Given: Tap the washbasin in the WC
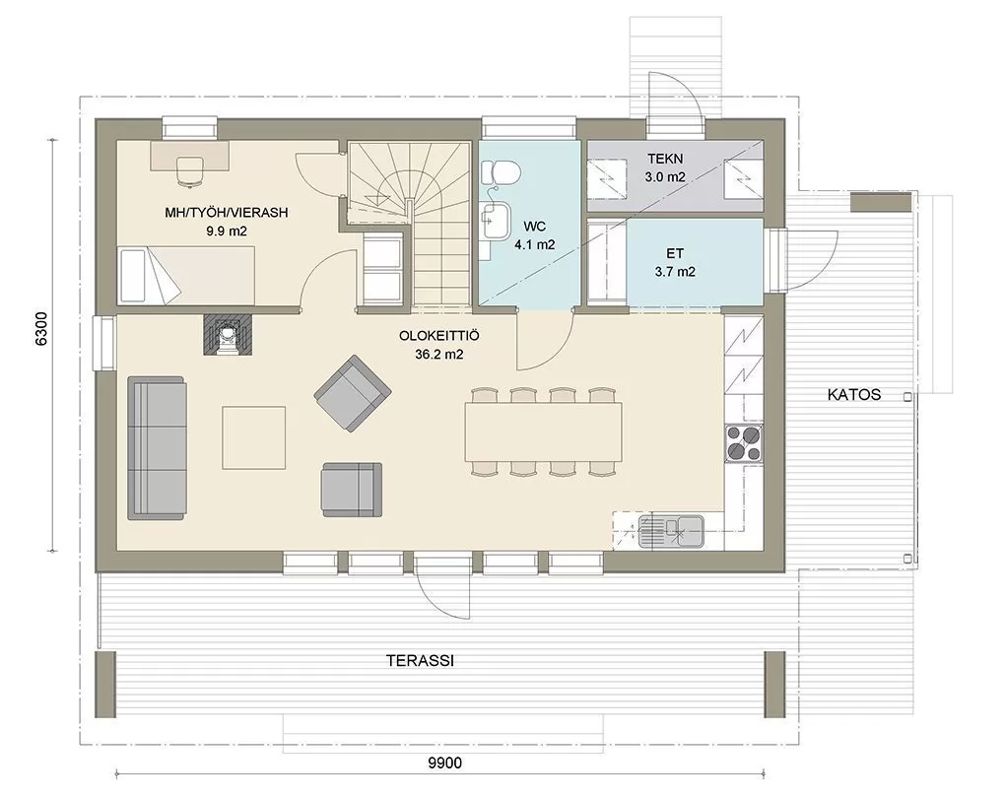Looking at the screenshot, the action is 496,220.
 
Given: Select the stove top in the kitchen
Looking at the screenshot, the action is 744,443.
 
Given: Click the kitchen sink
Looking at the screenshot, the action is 671,531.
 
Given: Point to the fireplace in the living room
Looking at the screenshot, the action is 229,335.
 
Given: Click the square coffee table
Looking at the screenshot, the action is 254,437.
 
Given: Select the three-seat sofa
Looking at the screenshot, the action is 157,448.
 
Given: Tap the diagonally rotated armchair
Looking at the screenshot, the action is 353,393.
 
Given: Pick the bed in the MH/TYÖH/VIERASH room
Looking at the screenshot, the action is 186,275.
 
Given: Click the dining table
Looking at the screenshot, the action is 544,432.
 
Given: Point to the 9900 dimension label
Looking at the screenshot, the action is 444,763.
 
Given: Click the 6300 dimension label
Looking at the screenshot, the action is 41,329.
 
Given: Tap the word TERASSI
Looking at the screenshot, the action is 421,661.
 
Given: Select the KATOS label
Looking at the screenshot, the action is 854,394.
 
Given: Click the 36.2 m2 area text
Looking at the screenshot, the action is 439,354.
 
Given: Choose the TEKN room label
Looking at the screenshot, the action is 665,159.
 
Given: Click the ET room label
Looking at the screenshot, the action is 675,253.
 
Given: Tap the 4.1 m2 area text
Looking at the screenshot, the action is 535,244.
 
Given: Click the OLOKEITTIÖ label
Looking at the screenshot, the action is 439,335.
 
